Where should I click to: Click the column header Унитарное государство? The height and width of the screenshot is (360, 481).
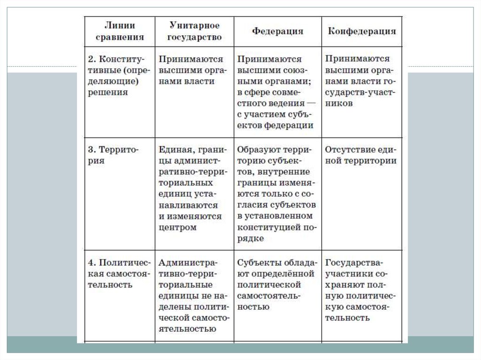tap(194, 31)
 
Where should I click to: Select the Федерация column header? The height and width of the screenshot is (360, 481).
tap(278, 31)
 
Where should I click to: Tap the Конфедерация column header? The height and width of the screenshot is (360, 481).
tap(362, 31)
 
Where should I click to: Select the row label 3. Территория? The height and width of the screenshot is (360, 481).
tap(113, 155)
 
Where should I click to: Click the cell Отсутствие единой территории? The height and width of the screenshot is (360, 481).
tap(361, 155)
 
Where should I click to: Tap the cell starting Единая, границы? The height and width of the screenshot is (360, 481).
tap(193, 188)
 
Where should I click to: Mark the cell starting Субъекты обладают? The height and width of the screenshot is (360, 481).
tap(277, 284)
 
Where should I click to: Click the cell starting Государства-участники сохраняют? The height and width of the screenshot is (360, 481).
tap(361, 290)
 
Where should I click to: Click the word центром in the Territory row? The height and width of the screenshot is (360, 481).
tap(178, 228)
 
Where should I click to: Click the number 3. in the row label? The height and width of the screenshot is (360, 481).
tap(93, 150)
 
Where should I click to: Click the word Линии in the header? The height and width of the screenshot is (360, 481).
tap(121, 25)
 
